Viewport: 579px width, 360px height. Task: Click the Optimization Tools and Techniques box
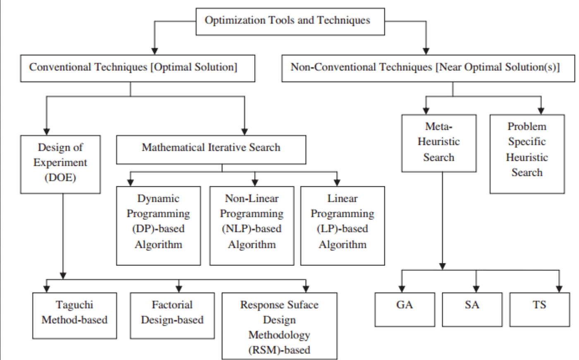[x=290, y=21]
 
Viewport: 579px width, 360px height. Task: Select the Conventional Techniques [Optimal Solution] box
[x=137, y=68]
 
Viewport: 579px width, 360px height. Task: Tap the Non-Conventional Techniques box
[x=428, y=68]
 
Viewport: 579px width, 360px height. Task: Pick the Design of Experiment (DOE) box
[x=60, y=164]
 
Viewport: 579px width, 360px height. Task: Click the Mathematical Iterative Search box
[x=211, y=149]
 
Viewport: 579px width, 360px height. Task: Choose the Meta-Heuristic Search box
[x=439, y=143]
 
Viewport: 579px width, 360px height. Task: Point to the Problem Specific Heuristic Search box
[x=527, y=153]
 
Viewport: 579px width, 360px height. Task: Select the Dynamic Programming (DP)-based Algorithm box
[x=158, y=225]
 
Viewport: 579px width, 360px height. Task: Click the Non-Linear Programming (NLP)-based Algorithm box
[x=251, y=225]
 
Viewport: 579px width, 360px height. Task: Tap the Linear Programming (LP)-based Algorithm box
[x=342, y=225]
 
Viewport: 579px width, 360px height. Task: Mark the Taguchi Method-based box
[x=74, y=315]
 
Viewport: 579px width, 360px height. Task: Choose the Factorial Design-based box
[x=172, y=315]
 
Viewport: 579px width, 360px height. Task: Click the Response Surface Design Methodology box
[x=280, y=326]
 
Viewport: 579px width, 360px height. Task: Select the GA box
[x=405, y=309]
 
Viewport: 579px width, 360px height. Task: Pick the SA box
[x=472, y=309]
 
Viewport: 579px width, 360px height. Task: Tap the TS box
[x=539, y=309]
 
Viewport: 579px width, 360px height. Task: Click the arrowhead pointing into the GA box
[x=402, y=288]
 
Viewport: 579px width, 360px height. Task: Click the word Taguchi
[x=74, y=305]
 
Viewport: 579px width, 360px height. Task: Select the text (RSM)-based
[x=280, y=350]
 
